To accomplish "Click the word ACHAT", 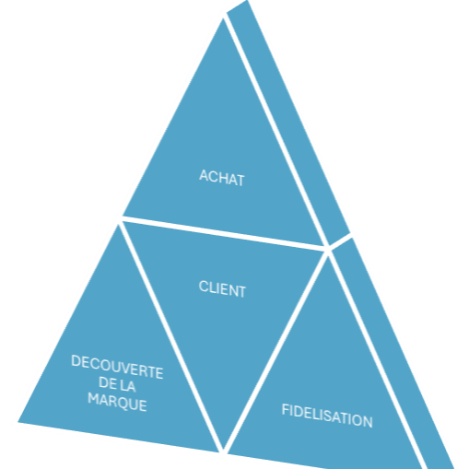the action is click(x=222, y=178).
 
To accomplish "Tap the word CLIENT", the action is click(x=222, y=288).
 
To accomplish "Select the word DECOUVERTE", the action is click(x=117, y=367).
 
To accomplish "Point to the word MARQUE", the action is click(x=117, y=402).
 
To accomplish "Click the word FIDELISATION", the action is click(x=327, y=416).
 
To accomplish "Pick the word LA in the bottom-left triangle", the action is click(x=127, y=385).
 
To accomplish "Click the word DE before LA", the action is click(x=108, y=382).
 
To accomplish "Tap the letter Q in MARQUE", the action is click(x=119, y=403).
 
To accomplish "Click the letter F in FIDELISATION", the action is click(x=285, y=409).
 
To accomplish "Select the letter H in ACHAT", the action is click(x=224, y=178).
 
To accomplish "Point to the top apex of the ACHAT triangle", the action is click(x=223, y=18).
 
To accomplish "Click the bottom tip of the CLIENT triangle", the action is click(x=224, y=449).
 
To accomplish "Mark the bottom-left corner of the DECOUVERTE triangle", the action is click(x=18, y=422).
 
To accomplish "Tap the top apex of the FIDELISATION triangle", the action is click(x=328, y=256).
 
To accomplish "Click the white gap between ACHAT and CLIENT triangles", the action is click(x=223, y=233).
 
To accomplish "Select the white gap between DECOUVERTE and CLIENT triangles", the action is click(x=171, y=337).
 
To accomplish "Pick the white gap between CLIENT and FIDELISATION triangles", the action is click(x=276, y=351).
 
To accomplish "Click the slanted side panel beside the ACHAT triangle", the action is click(x=288, y=123).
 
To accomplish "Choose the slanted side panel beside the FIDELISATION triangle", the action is click(x=393, y=353).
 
